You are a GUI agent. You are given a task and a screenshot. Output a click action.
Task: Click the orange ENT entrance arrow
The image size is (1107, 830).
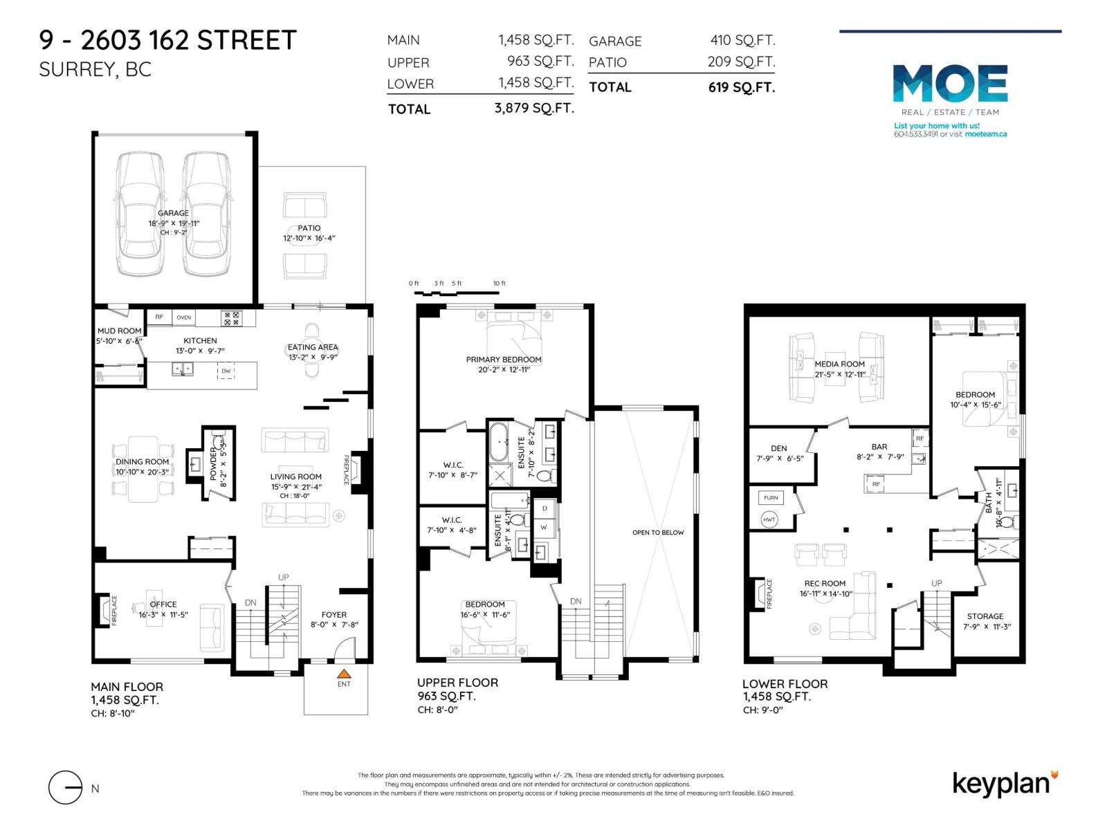[x=344, y=673]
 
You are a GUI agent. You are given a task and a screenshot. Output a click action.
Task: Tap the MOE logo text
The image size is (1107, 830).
[x=950, y=84]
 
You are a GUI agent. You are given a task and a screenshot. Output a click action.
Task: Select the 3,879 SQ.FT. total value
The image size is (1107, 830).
[x=534, y=108]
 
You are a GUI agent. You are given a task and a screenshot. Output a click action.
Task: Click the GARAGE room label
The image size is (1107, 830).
[x=173, y=213]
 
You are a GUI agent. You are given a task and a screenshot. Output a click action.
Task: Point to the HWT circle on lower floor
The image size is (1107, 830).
[x=769, y=519]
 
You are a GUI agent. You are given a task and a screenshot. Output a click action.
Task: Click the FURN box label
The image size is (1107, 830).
[x=771, y=497]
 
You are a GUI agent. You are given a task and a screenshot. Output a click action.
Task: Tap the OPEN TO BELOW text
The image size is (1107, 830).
[x=657, y=533]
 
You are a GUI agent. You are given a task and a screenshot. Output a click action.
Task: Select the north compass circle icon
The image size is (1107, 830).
[x=65, y=787]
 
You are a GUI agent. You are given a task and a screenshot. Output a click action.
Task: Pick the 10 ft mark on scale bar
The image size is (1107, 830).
[x=499, y=284]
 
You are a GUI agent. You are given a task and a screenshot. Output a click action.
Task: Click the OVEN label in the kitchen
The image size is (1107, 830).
[x=183, y=317]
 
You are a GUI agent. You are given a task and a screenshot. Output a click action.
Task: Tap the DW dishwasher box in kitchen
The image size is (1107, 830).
[x=226, y=371]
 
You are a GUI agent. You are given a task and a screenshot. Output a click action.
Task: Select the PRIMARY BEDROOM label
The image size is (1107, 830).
[x=504, y=360]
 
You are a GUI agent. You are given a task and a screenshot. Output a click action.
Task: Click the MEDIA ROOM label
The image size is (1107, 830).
[x=839, y=364]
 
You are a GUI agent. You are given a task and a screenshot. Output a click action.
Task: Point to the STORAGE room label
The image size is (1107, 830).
[x=985, y=616]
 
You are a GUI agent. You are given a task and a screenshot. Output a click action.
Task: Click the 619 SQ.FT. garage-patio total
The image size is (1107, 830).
[x=741, y=87]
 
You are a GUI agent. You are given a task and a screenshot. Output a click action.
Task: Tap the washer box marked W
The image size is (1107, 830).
[x=544, y=527]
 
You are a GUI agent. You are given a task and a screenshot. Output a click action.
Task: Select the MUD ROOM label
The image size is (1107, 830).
[x=119, y=331]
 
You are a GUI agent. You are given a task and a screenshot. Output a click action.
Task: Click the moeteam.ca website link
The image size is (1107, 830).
[x=986, y=134]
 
